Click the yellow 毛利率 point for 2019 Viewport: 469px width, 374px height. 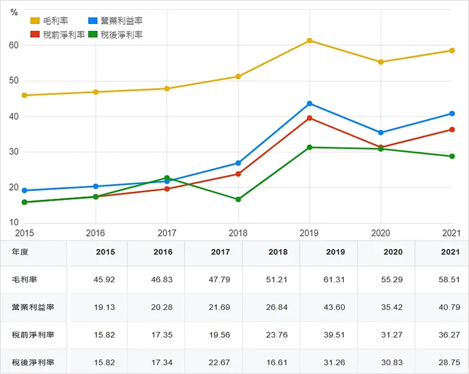tap(309, 41)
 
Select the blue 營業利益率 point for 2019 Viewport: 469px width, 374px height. tap(309, 103)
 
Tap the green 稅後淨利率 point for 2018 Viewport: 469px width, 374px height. tap(238, 199)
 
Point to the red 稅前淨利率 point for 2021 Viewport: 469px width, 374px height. tap(452, 129)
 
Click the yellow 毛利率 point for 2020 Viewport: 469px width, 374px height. tap(381, 62)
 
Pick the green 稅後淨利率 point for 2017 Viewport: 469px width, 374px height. tap(167, 178)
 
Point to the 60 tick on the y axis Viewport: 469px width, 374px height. tap(13, 46)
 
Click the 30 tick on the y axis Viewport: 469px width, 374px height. tap(13, 152)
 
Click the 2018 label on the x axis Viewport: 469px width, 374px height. tap(238, 232)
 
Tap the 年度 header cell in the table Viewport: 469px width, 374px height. tap(20, 252)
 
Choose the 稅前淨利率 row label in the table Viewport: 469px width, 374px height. tap(33, 335)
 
